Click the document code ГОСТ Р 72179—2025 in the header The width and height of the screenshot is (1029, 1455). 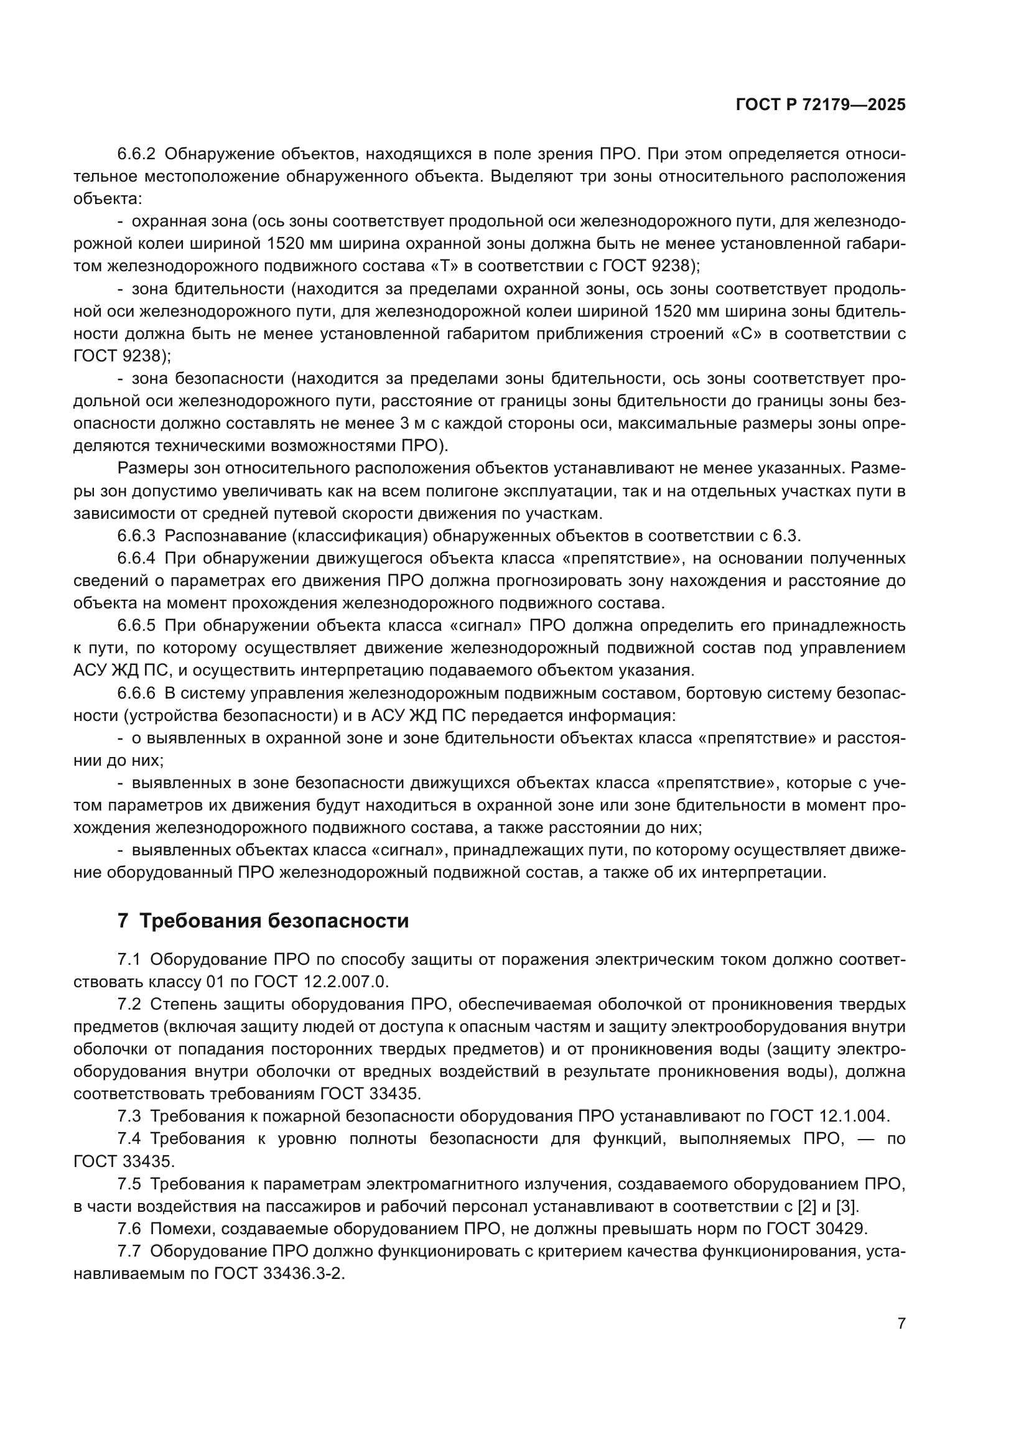point(821,105)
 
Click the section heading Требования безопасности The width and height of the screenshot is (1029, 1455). point(273,921)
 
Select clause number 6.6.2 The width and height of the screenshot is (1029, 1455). point(136,154)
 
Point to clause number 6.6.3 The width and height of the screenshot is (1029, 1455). point(136,536)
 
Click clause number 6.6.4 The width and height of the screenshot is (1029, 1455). point(136,558)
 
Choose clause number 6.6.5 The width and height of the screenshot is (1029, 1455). point(136,625)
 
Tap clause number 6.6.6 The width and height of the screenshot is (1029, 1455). point(136,693)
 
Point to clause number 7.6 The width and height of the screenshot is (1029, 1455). point(129,1229)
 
